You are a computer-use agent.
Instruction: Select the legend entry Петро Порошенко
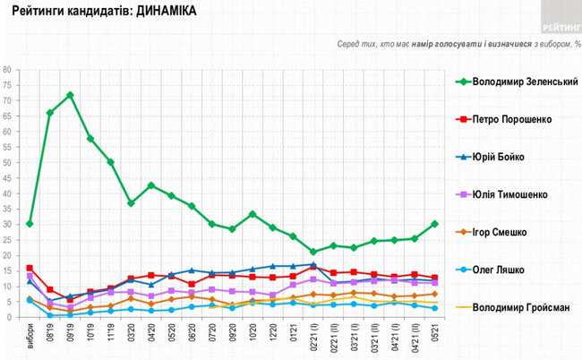pyautogui.click(x=514, y=119)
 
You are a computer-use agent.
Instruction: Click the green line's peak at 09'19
pyautogui.click(x=70, y=95)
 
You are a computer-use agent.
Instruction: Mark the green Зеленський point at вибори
pyautogui.click(x=30, y=224)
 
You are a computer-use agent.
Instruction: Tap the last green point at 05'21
pyautogui.click(x=434, y=224)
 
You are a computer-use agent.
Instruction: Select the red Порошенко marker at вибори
pyautogui.click(x=30, y=268)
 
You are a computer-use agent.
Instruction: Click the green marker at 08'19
pyautogui.click(x=50, y=113)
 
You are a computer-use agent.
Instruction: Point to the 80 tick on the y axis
pyautogui.click(x=7, y=70)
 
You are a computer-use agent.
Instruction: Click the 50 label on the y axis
pyautogui.click(x=7, y=163)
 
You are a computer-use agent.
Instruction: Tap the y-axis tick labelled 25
pyautogui.click(x=7, y=240)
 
